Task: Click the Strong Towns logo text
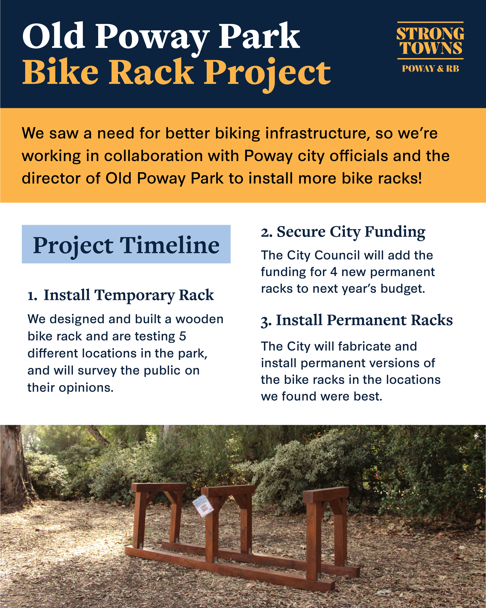point(430,41)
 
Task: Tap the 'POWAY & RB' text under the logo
point(430,68)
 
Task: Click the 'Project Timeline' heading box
point(126,244)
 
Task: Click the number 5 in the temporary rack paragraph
point(183,336)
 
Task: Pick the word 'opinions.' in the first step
point(86,388)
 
